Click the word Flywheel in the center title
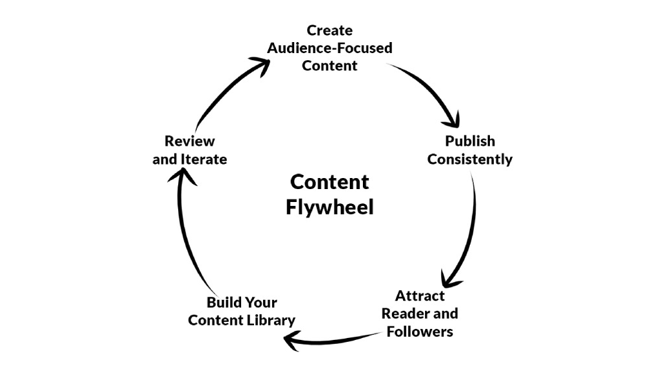[329, 209]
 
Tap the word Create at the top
[329, 30]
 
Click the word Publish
[470, 141]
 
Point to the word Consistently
[470, 159]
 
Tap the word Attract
[420, 296]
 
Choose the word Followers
[420, 332]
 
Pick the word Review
[189, 141]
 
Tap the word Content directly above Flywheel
[329, 181]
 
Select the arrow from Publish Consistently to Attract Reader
[470, 227]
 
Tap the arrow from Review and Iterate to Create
[227, 91]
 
